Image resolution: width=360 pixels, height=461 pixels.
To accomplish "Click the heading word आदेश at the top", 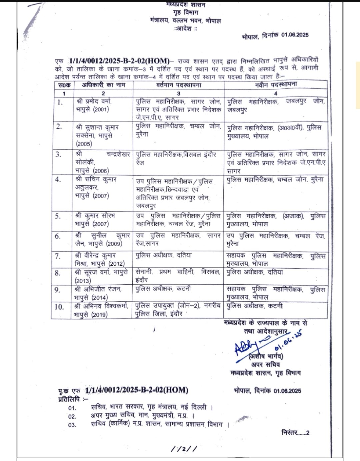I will coord(186,29).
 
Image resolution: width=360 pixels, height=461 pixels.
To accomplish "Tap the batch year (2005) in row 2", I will coord(84,144).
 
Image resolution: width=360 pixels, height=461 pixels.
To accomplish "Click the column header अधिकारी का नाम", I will coord(104,85).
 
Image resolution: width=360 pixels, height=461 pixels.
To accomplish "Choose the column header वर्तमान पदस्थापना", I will coord(179,85).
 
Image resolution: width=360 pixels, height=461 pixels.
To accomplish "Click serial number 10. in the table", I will coord(59,307).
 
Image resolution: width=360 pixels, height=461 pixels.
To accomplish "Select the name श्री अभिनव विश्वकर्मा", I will coord(102,306).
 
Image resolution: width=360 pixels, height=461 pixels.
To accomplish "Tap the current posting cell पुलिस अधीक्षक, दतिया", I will coord(164,256).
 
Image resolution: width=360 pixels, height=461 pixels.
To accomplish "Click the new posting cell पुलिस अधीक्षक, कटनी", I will coord(255,306).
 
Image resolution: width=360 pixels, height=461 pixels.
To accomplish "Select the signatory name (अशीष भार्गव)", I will coord(266,356).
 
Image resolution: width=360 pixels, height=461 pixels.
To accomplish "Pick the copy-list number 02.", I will coord(72,416).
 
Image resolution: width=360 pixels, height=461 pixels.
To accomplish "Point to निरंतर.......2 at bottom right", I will coord(295,433).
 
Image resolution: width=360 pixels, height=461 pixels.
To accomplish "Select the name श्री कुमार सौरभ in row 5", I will coord(95,216).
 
